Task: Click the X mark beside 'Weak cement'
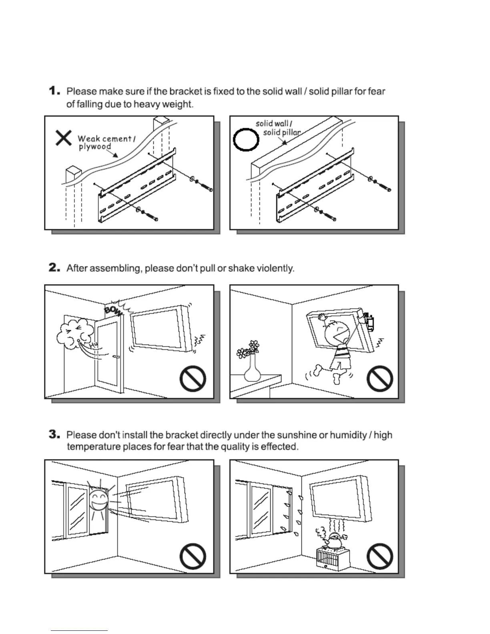pos(63,138)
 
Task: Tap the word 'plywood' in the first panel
pos(95,146)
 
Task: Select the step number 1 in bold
pos(54,91)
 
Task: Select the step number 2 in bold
pos(54,268)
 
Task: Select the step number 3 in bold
pos(54,435)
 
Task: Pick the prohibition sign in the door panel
pos(193,379)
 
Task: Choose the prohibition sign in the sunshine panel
pos(193,557)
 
